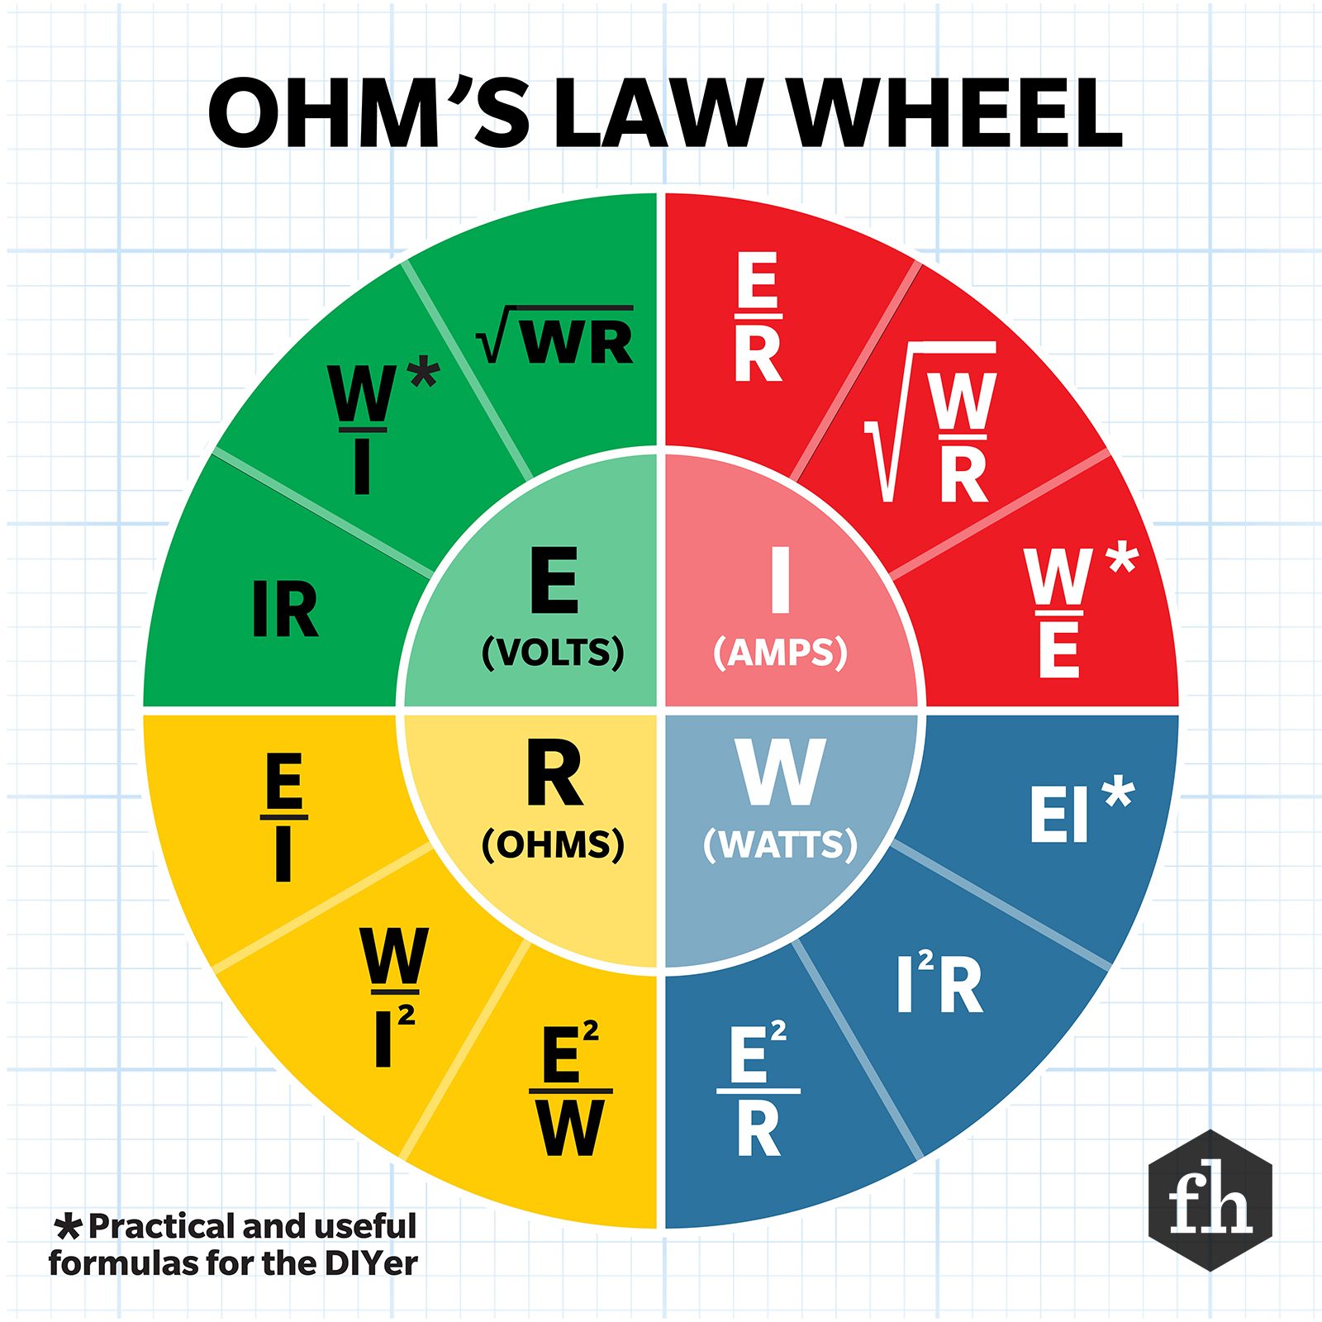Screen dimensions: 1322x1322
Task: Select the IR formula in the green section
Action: tap(285, 609)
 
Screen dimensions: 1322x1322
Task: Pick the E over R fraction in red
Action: tap(758, 317)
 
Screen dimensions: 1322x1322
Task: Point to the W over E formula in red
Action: tap(1059, 612)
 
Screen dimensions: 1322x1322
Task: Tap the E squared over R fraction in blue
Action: tap(758, 1091)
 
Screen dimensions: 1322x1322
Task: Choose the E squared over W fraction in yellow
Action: tap(570, 1091)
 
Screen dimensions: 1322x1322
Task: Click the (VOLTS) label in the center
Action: tap(553, 653)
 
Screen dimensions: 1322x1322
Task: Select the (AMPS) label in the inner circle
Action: tap(780, 653)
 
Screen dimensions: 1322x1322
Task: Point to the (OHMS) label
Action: tap(553, 844)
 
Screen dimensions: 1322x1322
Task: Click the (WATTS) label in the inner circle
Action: tap(780, 844)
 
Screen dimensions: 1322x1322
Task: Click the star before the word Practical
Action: tap(69, 1227)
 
